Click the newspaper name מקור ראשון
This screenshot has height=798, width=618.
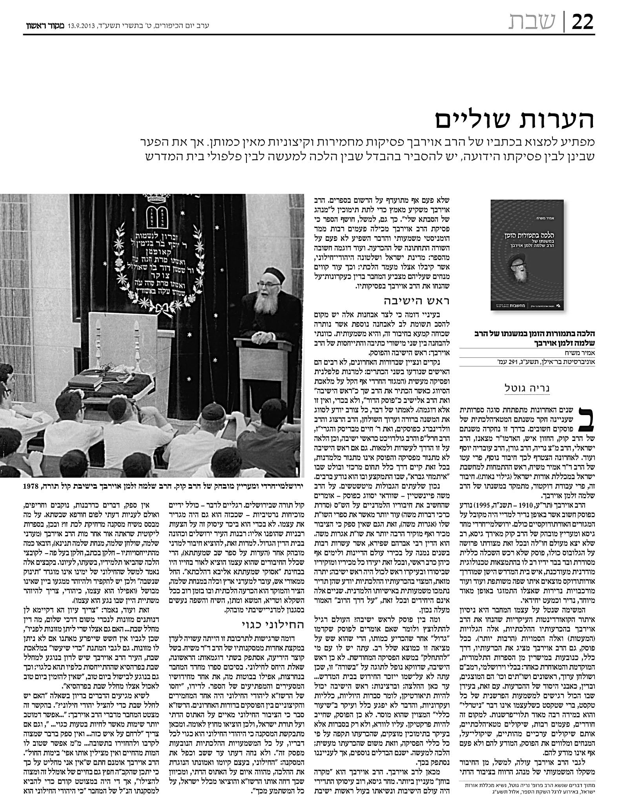37,26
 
